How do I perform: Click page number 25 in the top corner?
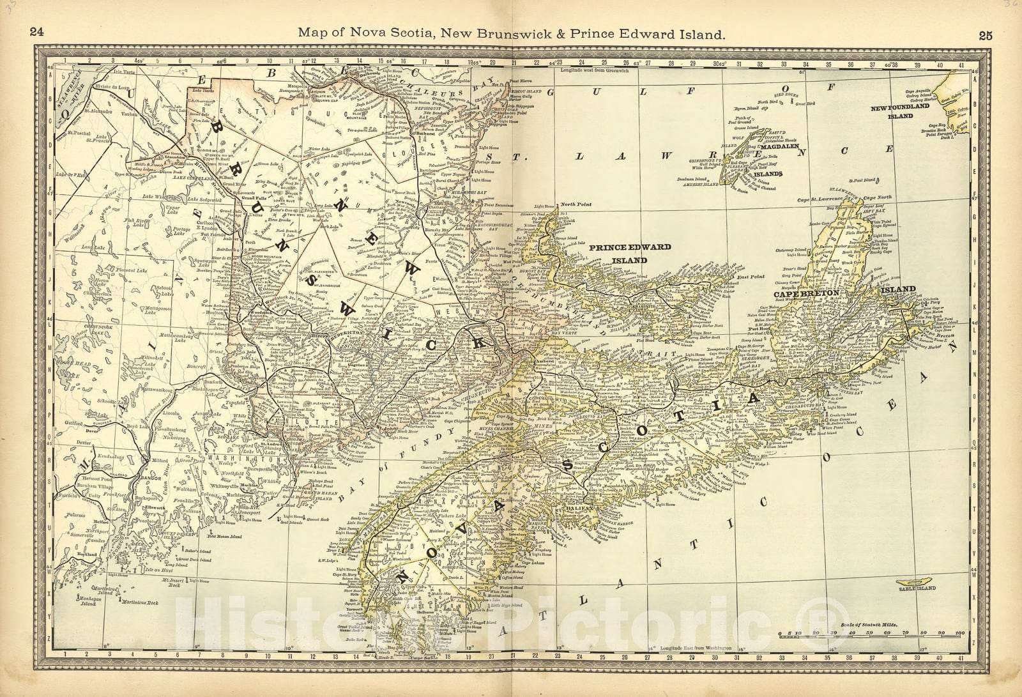click(985, 36)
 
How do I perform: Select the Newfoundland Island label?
click(900, 112)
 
